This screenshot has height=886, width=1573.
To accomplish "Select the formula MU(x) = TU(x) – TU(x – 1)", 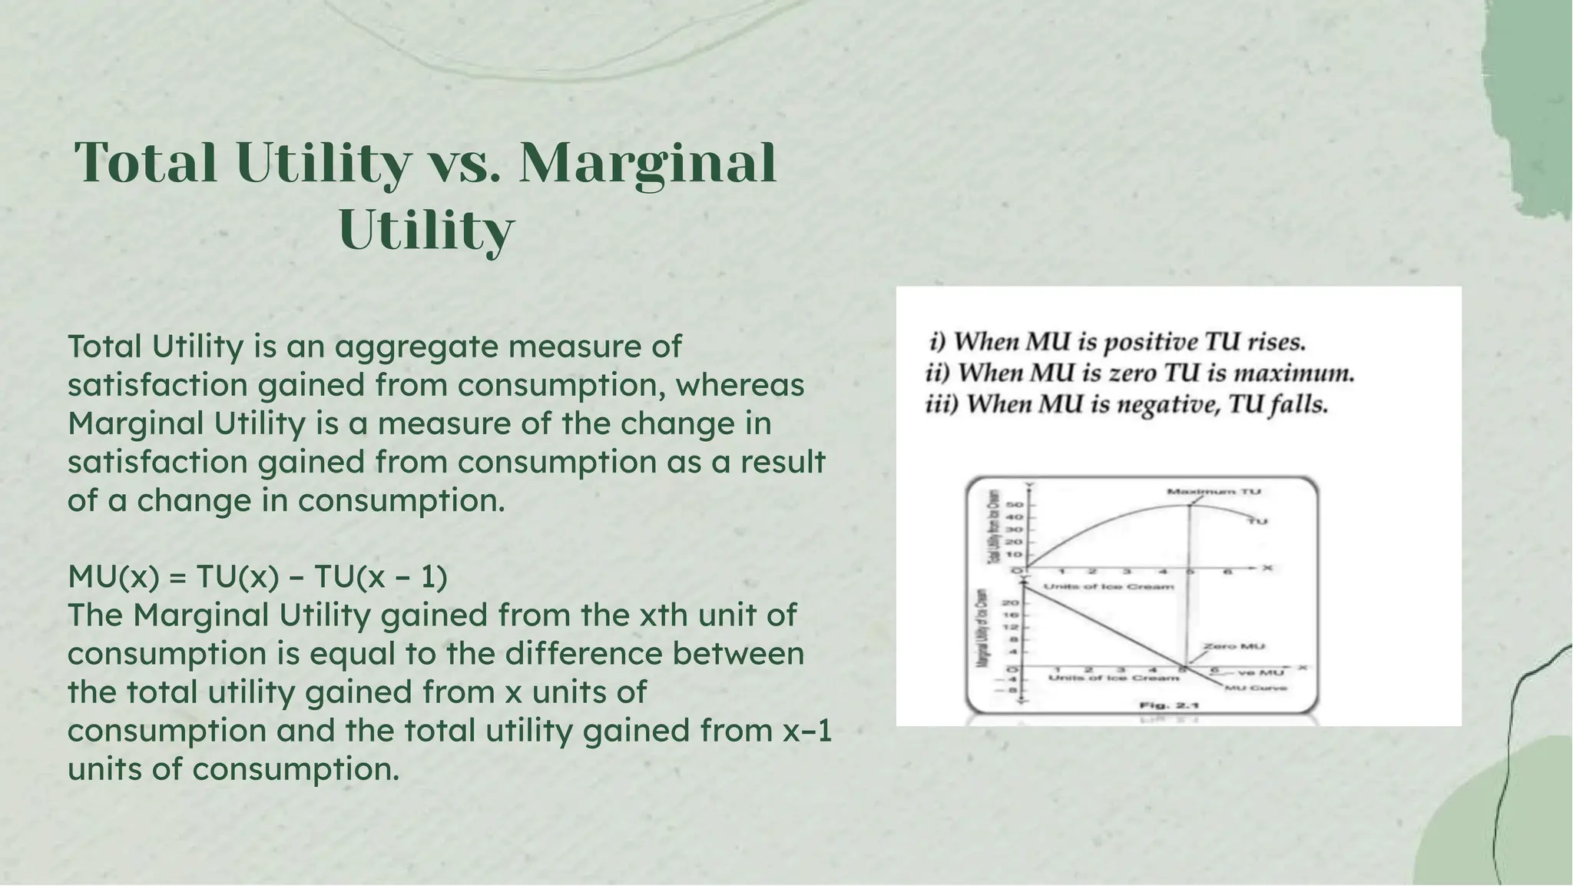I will tap(257, 577).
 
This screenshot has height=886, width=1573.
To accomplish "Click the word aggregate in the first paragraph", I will tap(416, 347).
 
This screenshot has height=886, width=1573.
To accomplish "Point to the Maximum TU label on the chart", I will tap(1214, 491).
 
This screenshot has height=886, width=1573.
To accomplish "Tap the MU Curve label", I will tap(1255, 688).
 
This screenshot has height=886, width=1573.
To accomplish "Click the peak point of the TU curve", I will tap(1190, 504).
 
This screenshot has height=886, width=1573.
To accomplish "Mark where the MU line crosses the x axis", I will tap(1184, 666).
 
